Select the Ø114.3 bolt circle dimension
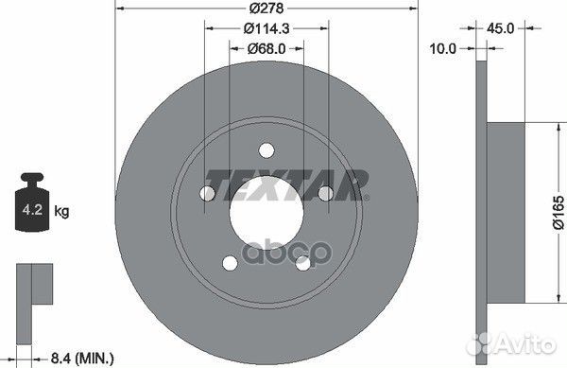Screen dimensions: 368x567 (265, 29)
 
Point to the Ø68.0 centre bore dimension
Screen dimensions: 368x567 (266, 48)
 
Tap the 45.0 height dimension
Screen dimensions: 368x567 (501, 28)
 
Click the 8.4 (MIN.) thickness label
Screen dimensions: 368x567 (79, 357)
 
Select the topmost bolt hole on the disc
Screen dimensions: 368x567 (266, 149)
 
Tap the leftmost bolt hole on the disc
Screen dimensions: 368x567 (207, 194)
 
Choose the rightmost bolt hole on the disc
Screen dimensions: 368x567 (324, 193)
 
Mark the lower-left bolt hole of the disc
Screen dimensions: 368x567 (229, 262)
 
